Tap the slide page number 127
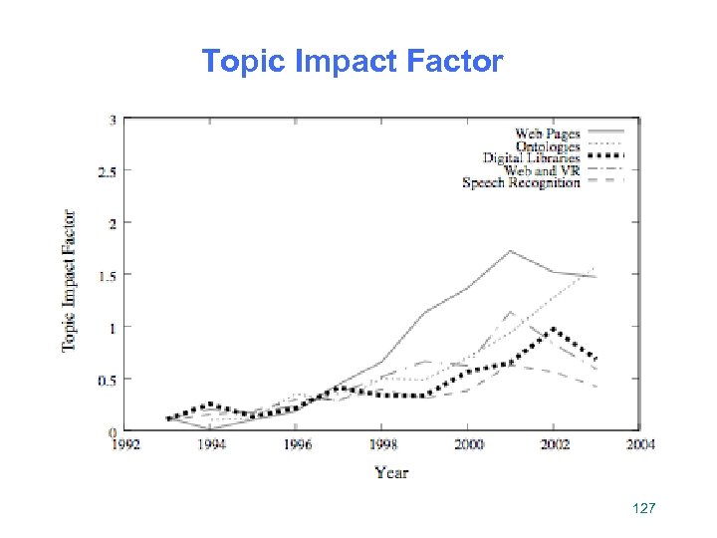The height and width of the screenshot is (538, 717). click(x=644, y=509)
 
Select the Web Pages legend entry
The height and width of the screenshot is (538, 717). click(x=547, y=134)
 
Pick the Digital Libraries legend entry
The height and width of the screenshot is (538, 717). click(x=531, y=158)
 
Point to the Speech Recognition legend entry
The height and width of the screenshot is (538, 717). click(x=520, y=182)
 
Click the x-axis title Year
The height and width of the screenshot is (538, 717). click(x=391, y=471)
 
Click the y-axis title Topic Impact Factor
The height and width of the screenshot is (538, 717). click(x=70, y=280)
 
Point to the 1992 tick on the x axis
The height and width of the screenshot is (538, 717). click(x=124, y=444)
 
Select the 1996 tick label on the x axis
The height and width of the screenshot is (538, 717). click(x=296, y=444)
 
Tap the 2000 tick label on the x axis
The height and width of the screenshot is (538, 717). click(x=468, y=444)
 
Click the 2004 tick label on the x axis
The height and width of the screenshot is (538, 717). click(x=640, y=444)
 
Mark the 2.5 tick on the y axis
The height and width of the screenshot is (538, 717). click(x=108, y=171)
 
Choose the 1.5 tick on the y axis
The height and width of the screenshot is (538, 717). click(x=108, y=275)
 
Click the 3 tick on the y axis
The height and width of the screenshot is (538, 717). click(x=113, y=120)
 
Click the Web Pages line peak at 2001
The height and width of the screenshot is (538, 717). click(x=510, y=251)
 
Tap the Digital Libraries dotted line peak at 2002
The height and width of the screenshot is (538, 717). click(x=553, y=330)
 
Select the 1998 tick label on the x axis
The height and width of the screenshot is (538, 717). click(x=382, y=444)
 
